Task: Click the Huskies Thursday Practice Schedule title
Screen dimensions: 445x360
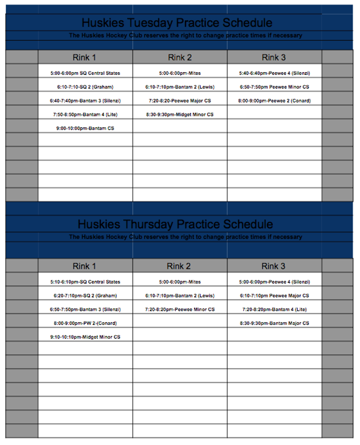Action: (x=175, y=224)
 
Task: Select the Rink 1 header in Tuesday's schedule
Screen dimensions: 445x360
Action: (x=84, y=57)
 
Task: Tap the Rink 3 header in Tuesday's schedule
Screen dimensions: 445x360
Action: (x=274, y=57)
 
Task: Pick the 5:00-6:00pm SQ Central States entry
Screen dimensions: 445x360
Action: (x=85, y=73)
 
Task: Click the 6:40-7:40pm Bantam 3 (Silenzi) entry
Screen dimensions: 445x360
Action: (x=85, y=101)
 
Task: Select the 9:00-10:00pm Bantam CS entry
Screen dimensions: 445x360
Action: (x=85, y=129)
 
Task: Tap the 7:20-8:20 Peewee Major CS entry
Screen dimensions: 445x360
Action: (x=180, y=101)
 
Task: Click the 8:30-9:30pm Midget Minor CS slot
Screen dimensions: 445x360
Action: (x=180, y=115)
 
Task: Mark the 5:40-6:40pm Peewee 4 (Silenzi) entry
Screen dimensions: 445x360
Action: (x=274, y=73)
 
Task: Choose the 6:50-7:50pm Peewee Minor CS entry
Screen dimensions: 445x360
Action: (x=274, y=87)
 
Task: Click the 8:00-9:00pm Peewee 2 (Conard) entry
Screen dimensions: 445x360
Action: (x=274, y=101)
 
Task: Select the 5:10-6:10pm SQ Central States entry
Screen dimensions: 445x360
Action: (x=85, y=282)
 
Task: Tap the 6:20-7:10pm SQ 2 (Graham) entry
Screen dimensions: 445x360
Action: (x=85, y=296)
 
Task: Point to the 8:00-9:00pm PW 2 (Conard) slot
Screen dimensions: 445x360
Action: (x=85, y=323)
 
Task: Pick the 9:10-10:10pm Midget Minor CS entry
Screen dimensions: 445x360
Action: (x=85, y=337)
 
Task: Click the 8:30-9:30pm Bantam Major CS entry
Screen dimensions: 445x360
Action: (x=274, y=323)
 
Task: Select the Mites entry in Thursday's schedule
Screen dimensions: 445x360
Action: (x=180, y=282)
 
